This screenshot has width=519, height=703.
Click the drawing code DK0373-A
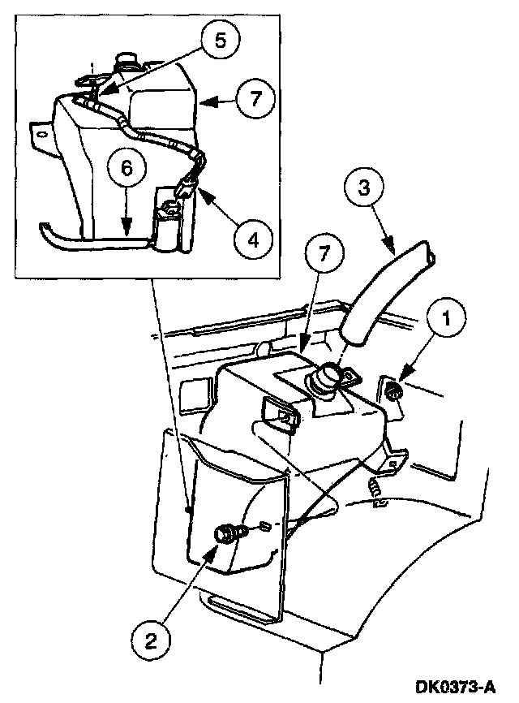pyautogui.click(x=457, y=688)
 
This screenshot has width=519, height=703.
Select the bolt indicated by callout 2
pyautogui.click(x=223, y=534)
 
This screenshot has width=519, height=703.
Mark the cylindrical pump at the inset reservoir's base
pyautogui.click(x=169, y=231)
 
